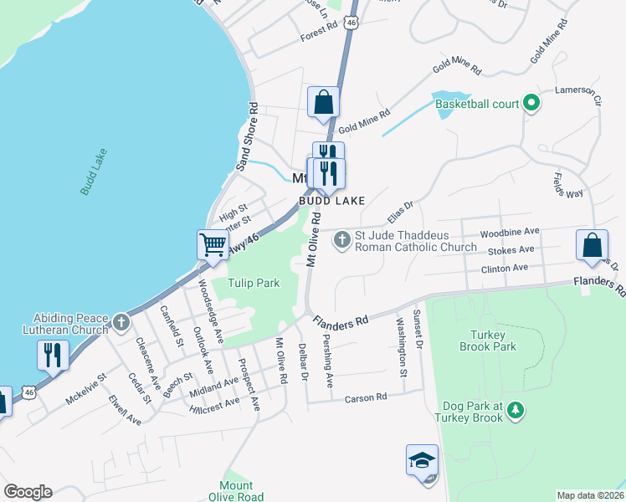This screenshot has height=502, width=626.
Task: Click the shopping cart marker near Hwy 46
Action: (x=213, y=244)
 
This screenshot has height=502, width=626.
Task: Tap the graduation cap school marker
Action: (x=423, y=460)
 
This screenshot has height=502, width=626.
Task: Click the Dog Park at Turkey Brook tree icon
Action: (x=516, y=409)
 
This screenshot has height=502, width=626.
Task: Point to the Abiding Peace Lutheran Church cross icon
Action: (x=121, y=321)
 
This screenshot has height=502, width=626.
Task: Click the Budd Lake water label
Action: (x=94, y=172)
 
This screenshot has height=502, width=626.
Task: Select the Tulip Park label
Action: (x=254, y=283)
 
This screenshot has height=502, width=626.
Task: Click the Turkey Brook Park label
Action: (x=488, y=339)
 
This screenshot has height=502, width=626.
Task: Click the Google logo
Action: (x=28, y=492)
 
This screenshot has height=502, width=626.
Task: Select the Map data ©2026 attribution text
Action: (x=590, y=495)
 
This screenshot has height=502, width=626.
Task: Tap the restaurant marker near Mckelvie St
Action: (x=53, y=355)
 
